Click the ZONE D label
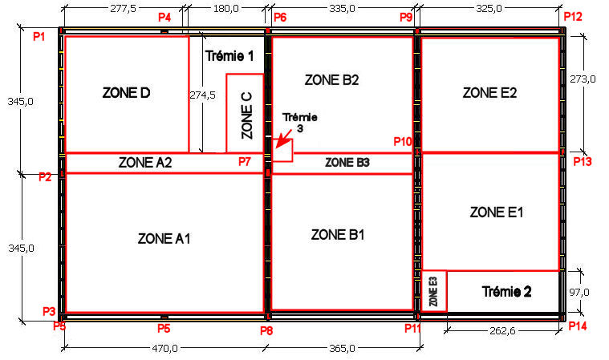point(126,93)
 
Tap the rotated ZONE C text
point(247,115)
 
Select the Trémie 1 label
point(229,56)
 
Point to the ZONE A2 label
point(145,163)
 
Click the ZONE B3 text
point(347,163)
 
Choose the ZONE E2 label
point(489,93)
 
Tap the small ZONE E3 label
point(433,291)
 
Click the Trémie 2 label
point(506,292)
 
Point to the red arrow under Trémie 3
point(283,140)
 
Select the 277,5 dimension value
point(123,9)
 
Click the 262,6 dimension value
point(502,331)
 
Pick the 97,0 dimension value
point(579,292)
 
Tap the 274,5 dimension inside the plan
point(202,95)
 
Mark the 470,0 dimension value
point(164,348)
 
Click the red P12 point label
point(573,17)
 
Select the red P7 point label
point(245,162)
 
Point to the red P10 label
point(402,142)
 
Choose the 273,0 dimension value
point(583,79)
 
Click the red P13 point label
point(583,161)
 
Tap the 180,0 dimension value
point(226,9)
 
